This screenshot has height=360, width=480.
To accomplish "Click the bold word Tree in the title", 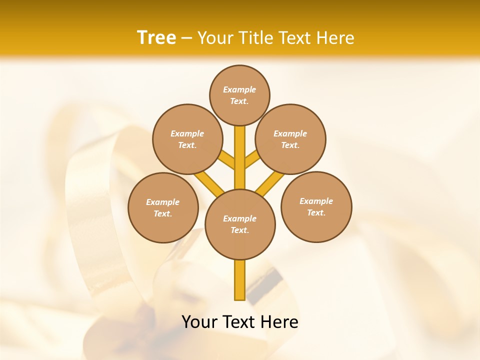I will coord(156,37).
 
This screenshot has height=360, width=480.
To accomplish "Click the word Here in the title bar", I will coord(336,38).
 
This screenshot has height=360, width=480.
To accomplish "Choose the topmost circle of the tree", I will coord(239,95).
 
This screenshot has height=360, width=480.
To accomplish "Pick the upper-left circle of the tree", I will coord(187,139).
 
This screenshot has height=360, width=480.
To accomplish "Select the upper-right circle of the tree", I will coord(290,139).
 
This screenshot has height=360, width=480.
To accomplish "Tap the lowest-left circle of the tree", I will coord(163,207).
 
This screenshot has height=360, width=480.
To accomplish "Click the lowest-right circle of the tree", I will coord(316,206).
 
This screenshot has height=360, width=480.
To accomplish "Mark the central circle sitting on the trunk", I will coord(240,224).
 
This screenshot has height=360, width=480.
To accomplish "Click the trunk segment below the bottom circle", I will coord(240,280).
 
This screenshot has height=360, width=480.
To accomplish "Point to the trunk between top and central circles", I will coord(240,157).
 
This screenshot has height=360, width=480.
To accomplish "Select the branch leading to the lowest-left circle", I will coord(209,183).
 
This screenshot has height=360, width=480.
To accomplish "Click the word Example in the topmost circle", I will coord(239,89).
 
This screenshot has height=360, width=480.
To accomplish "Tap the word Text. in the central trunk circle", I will coord(239,230).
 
